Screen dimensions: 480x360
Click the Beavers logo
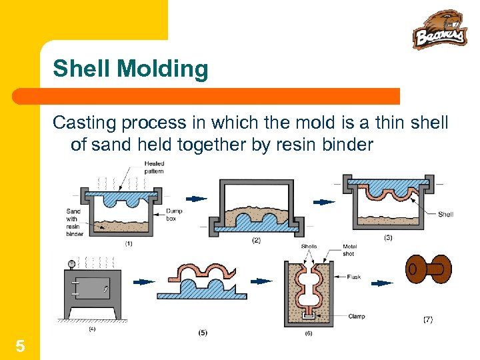439,29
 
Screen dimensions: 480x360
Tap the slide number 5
21,345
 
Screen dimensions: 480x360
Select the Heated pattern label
154,167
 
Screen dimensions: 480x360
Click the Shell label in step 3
445,215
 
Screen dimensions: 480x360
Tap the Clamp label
357,316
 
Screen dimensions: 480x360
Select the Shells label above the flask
309,246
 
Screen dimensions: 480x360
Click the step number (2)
256,240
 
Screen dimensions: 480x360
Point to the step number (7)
427,320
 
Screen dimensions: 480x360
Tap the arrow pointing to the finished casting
381,283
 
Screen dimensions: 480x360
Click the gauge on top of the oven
71,263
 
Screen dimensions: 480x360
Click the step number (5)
202,332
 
